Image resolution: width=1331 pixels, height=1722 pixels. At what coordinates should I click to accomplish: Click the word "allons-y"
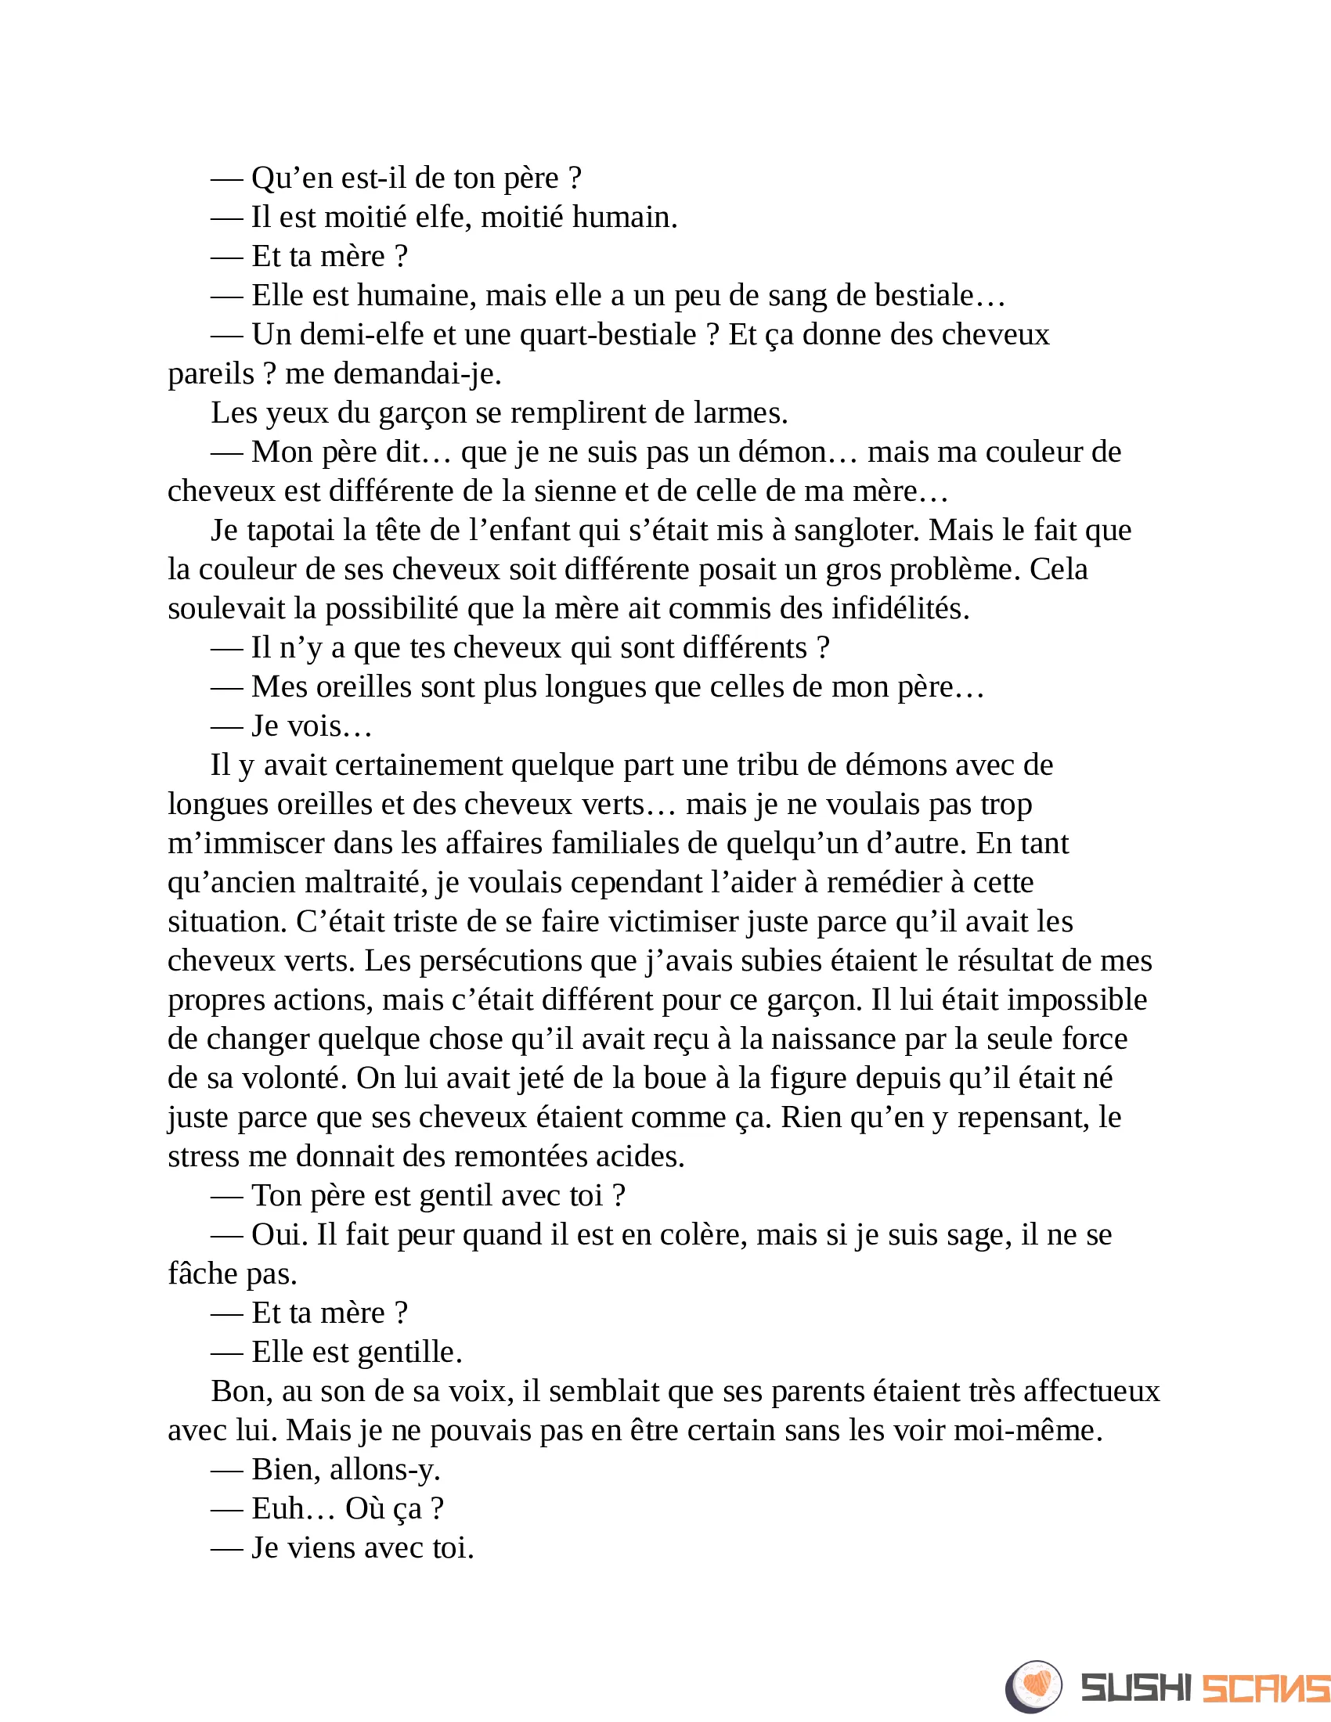384,1470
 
